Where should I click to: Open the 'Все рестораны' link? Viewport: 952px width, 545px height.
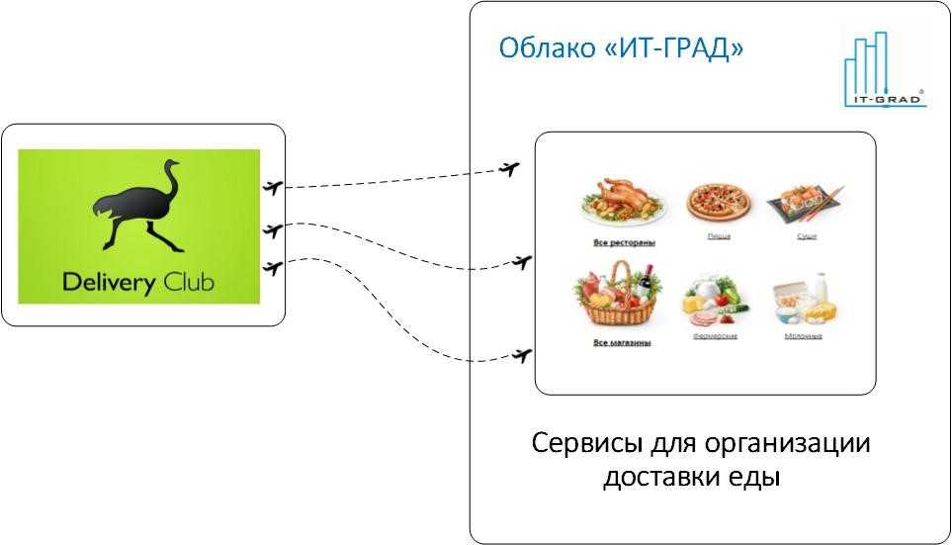click(x=624, y=242)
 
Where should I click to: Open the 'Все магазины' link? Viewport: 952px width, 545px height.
click(x=621, y=343)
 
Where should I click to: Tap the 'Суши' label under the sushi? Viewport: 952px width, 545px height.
click(x=807, y=237)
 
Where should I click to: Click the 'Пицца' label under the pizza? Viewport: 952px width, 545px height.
click(x=719, y=237)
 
